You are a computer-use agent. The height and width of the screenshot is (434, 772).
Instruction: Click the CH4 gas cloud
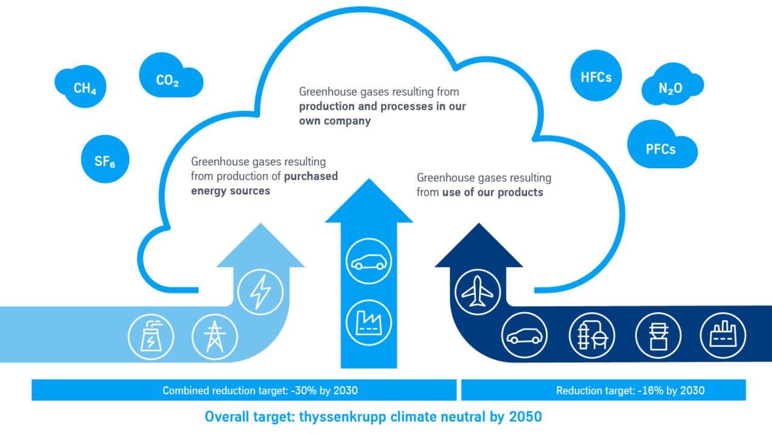(x=81, y=86)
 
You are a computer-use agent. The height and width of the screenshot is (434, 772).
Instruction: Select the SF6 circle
(x=105, y=159)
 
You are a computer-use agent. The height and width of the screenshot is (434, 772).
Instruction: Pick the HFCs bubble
(x=596, y=76)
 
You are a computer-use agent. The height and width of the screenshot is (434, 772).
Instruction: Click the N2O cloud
(x=672, y=85)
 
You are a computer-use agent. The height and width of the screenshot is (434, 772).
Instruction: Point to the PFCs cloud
(x=662, y=145)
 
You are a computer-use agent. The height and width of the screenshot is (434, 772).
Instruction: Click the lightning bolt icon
(x=261, y=292)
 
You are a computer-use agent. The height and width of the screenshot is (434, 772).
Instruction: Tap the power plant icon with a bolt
(x=151, y=337)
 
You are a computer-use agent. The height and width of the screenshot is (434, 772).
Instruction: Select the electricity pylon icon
(x=215, y=337)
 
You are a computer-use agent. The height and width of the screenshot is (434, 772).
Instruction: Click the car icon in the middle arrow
(x=369, y=261)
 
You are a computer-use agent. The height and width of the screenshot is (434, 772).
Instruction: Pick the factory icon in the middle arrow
(x=369, y=322)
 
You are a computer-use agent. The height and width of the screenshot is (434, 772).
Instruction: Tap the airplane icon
(x=478, y=292)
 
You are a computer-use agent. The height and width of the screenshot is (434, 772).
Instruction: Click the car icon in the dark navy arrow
(x=524, y=336)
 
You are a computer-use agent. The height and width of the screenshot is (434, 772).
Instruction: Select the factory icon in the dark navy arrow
(x=723, y=336)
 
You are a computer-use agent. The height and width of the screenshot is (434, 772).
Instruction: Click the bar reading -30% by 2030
(x=244, y=390)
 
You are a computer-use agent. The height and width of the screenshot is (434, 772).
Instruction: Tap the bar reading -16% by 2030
(x=604, y=390)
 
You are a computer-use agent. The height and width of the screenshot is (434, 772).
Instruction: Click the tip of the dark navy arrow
(x=479, y=223)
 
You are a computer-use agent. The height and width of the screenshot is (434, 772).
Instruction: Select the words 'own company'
(x=335, y=121)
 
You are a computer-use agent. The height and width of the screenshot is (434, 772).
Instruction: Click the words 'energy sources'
(x=230, y=191)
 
